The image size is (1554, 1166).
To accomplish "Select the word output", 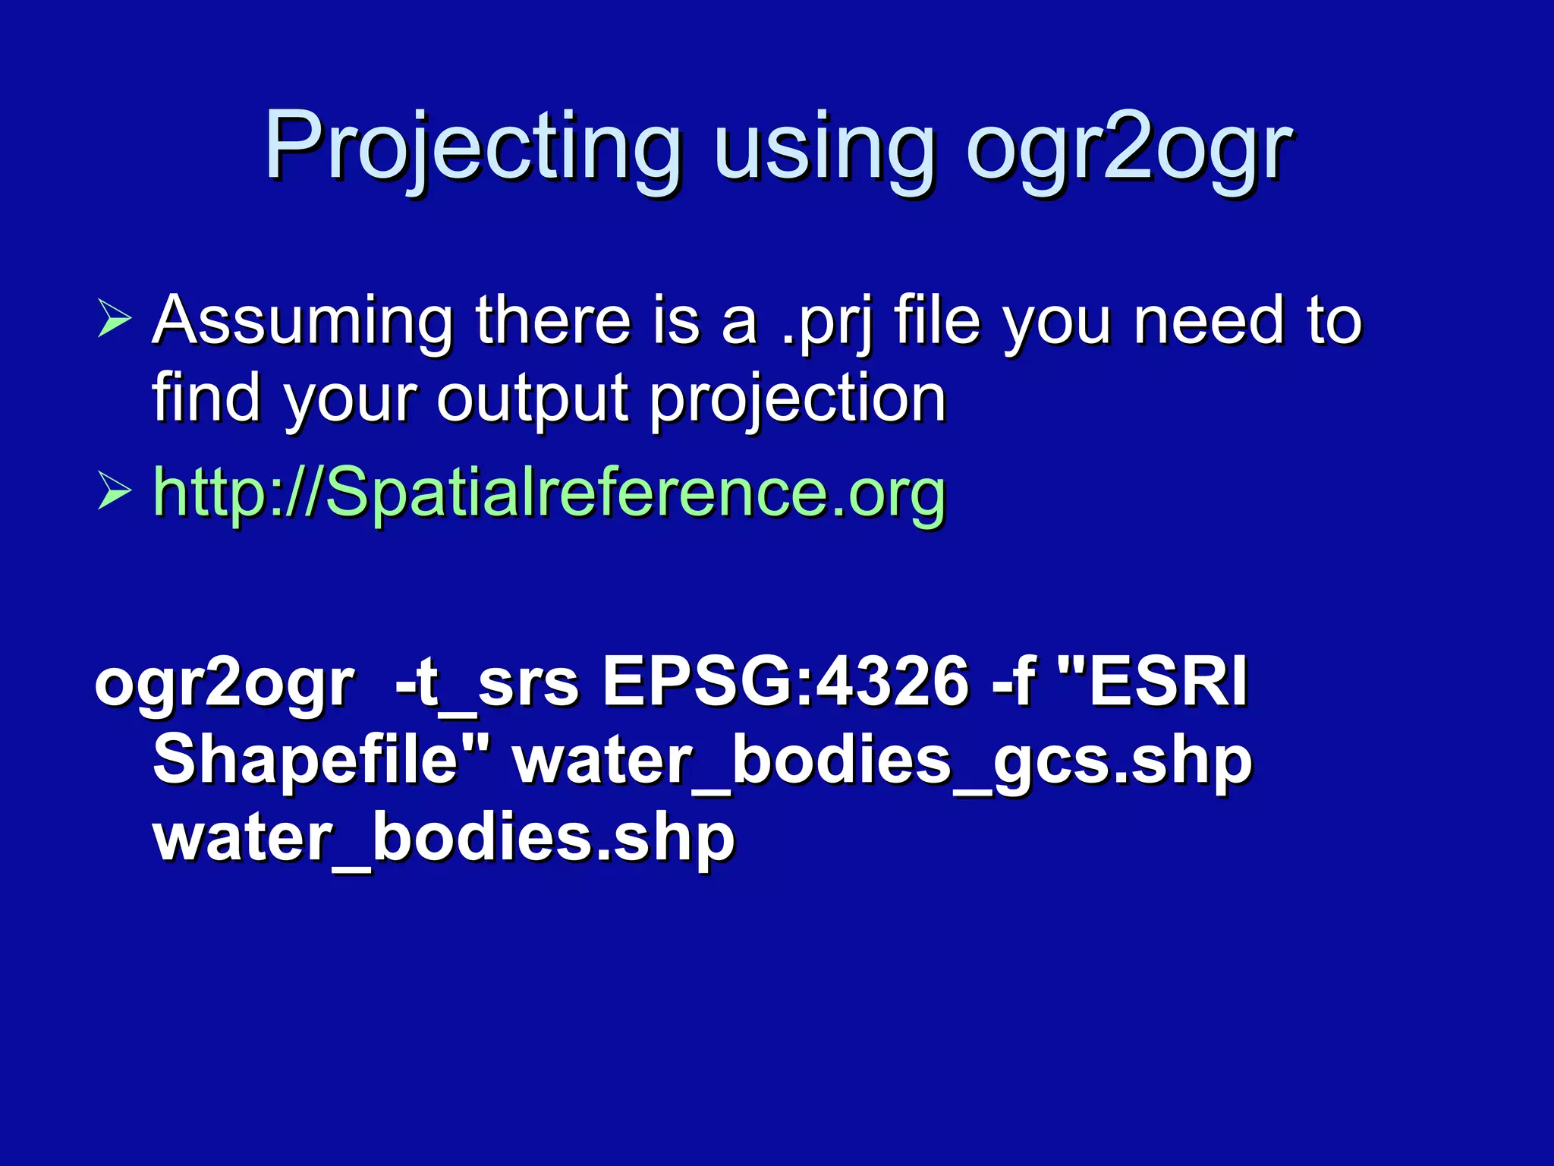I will [x=532, y=399].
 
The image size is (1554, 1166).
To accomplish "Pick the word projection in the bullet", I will [x=797, y=399].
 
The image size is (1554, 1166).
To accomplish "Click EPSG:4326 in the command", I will [x=785, y=680].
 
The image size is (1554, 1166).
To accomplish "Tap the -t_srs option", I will [x=486, y=680].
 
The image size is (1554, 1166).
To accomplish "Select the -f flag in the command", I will [x=1014, y=680].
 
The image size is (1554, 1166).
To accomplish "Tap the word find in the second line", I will [x=206, y=398].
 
